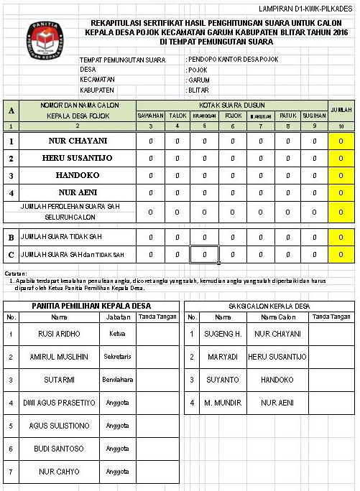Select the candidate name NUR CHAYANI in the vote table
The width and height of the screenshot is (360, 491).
pos(77,141)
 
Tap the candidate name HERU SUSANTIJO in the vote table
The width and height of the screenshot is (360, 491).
pos(77,158)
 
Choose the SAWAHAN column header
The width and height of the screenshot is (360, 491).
pos(151,116)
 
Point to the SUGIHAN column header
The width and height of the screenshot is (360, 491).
pos(314,116)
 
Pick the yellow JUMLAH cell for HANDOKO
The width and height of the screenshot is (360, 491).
pos(340,175)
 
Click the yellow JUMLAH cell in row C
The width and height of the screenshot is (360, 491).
pos(340,254)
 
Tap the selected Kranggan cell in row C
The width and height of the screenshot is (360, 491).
pos(204,254)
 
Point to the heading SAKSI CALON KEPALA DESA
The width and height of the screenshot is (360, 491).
pos(269,306)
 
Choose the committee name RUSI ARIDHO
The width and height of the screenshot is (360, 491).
pos(59,334)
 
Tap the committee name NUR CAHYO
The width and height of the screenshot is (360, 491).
pos(59,472)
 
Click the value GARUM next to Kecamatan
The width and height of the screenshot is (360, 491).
pos(199,81)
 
